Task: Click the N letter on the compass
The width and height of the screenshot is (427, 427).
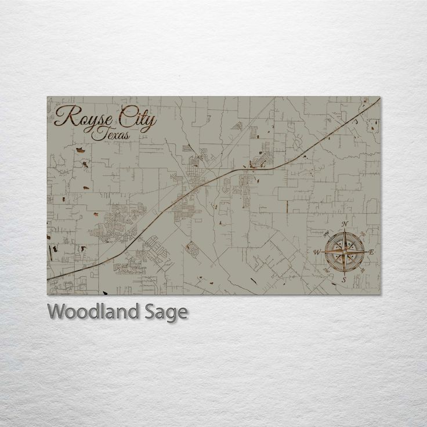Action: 345,224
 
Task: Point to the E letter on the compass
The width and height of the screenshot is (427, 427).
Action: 371,252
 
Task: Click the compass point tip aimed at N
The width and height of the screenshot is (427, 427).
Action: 345,228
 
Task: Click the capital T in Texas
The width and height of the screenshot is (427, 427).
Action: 103,133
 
